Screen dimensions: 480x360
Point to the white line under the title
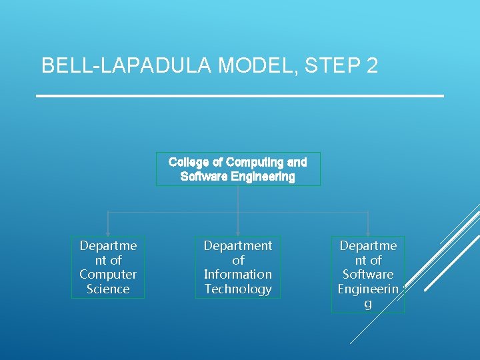coord(239,97)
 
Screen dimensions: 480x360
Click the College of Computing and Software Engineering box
coord(238,169)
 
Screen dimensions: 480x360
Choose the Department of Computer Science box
coord(108,267)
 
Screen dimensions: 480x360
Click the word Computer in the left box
coord(108,275)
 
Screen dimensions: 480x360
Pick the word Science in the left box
coord(108,289)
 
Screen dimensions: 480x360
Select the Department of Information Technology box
coord(238,267)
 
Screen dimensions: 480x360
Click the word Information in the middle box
coord(238,275)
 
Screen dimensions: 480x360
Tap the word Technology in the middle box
coord(238,289)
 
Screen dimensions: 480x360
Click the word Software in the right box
coord(368,275)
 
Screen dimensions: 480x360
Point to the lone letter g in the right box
coord(368,304)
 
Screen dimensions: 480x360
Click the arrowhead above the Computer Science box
coord(108,233)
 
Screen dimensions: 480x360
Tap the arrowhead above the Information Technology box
coord(238,233)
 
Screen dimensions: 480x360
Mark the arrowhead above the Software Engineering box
coord(368,233)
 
